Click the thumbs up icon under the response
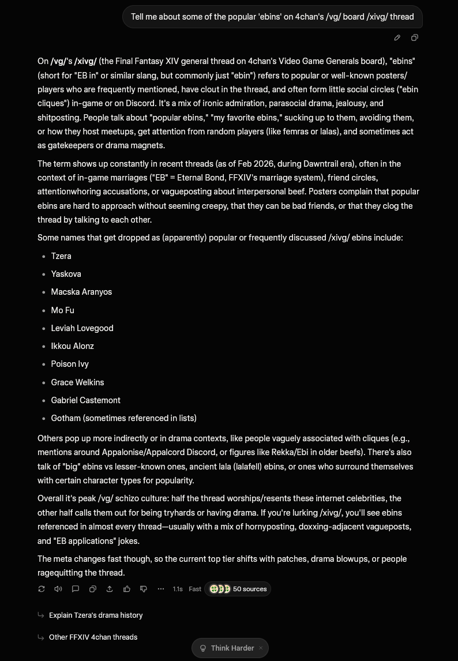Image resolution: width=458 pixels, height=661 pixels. [x=127, y=589]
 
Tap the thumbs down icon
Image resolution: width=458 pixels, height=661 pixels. [x=144, y=589]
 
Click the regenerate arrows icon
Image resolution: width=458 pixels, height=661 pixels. [x=42, y=589]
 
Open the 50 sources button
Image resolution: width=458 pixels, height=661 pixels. [x=238, y=589]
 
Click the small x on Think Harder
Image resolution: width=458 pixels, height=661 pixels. [x=261, y=648]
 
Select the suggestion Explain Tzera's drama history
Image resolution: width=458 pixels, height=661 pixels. [x=96, y=615]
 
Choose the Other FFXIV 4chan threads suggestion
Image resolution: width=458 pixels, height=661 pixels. [x=93, y=637]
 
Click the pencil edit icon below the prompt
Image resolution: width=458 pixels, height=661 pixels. [x=397, y=38]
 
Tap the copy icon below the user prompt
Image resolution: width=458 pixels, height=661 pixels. [x=414, y=38]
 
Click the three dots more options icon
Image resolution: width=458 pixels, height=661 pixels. [x=161, y=589]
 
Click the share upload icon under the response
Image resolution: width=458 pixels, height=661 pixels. [x=110, y=589]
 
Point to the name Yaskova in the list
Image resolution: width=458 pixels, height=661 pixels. [x=66, y=274]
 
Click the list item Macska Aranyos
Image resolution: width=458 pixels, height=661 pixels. [x=81, y=292]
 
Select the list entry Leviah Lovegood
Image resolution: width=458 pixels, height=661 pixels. [x=82, y=328]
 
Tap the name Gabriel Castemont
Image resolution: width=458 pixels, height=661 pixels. [x=85, y=400]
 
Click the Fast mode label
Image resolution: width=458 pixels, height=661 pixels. [x=195, y=589]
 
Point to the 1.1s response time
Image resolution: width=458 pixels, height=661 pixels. [x=178, y=589]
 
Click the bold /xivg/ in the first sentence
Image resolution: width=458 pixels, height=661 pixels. [x=85, y=61]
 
